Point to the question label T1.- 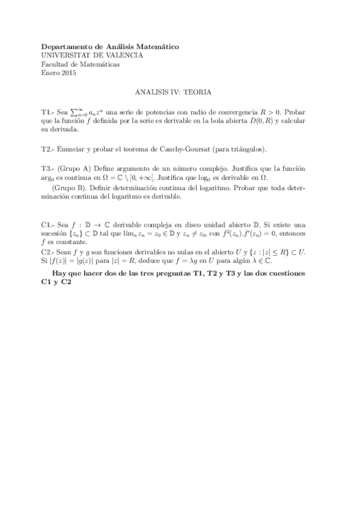click(48, 112)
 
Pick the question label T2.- click(48, 149)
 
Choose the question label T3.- click(48, 168)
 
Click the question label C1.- click(48, 224)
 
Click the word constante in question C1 click(71, 242)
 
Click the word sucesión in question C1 click(55, 233)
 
